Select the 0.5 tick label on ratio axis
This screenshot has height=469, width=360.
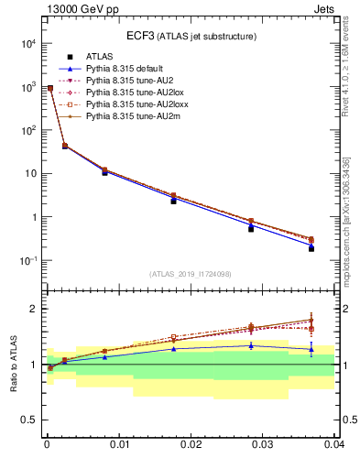(x=29, y=420)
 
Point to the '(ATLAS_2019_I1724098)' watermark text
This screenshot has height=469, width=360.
(x=191, y=274)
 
